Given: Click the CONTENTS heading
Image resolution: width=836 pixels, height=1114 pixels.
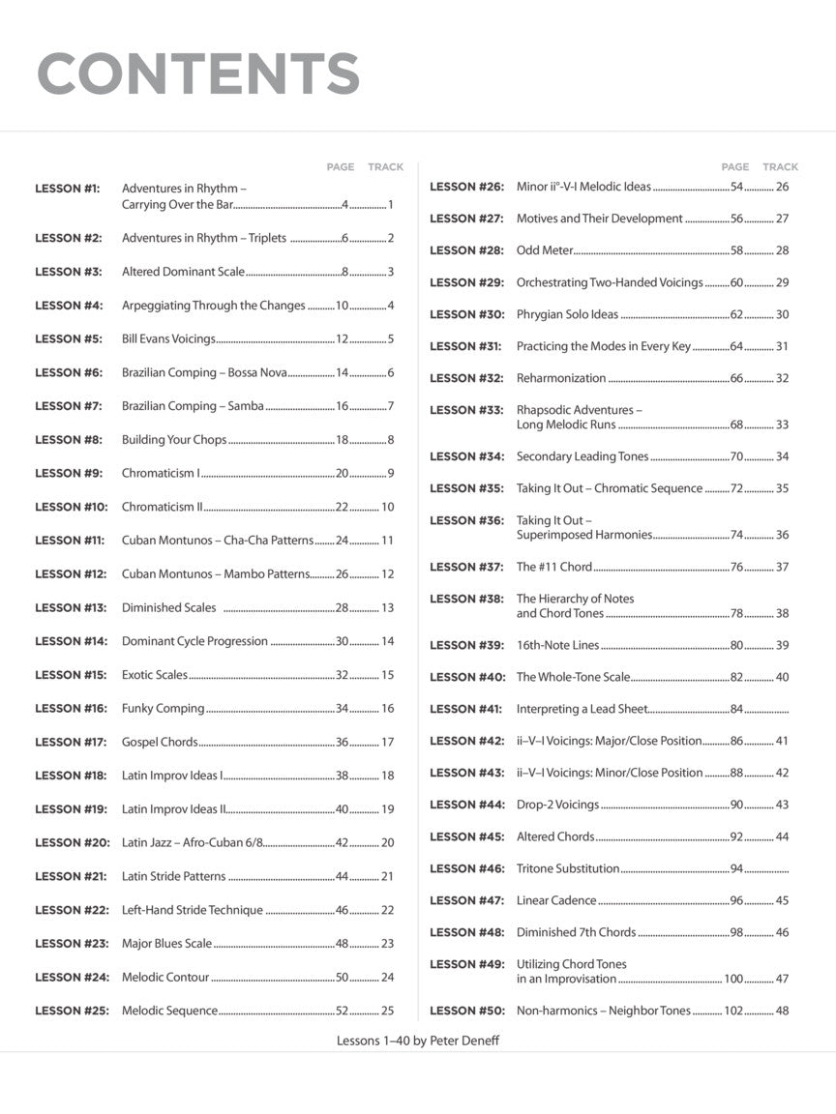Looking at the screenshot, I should coord(197,73).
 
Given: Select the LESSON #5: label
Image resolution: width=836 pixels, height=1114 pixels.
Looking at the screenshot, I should coord(69,339).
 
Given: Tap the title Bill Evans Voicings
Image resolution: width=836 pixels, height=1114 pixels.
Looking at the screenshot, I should coord(168,339).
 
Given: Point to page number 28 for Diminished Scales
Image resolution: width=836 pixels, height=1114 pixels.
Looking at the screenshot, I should coord(342,608).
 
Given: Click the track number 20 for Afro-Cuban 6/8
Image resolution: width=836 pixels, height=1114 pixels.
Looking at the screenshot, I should coord(387,843).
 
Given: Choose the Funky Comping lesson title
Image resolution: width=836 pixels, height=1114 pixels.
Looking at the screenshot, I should coord(163,709).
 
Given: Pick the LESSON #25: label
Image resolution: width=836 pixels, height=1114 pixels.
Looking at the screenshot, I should coord(73,1011).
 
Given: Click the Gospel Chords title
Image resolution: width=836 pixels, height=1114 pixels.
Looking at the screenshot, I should coord(160,743).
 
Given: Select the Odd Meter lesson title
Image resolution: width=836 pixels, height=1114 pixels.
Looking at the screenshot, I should coord(545,250).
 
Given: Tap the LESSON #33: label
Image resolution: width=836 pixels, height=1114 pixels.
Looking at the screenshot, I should coord(467,410).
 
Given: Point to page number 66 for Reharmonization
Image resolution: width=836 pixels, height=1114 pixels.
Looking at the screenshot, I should coord(736,378).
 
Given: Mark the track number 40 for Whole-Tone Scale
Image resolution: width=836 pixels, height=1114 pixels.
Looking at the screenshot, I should coord(782,677).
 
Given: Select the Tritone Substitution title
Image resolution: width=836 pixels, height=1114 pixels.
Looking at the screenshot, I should coord(568,868).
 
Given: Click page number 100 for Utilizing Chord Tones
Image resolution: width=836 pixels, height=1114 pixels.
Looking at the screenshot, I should coord(733,980).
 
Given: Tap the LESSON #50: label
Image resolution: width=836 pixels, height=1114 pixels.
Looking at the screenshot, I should coord(467,1011).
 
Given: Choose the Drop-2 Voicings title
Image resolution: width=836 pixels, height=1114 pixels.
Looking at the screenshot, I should coord(557,805).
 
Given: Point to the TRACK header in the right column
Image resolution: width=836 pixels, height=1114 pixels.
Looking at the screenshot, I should coord(780,167).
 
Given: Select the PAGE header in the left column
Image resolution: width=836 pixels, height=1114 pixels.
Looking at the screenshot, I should coord(341,167).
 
